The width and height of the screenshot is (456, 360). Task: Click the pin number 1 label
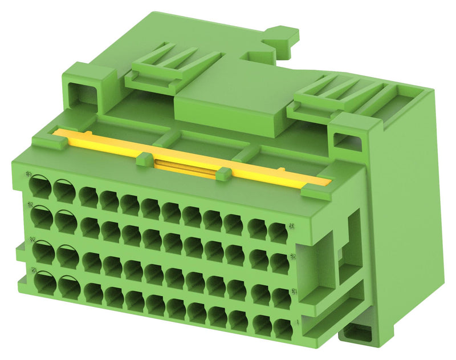click(x=300, y=322)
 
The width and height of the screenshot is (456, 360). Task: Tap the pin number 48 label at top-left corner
click(x=29, y=174)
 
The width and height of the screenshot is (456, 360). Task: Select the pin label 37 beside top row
click(x=291, y=225)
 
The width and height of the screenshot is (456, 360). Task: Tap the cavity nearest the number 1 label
click(x=283, y=327)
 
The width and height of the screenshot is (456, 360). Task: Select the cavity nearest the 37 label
click(x=278, y=232)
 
